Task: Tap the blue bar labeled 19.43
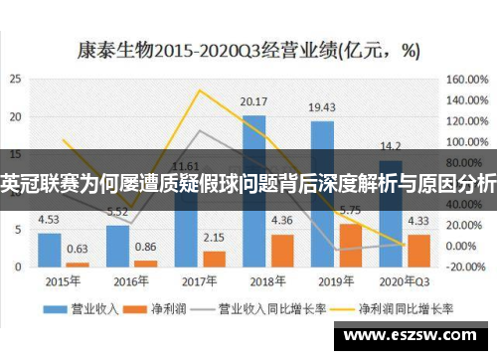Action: tap(321, 194)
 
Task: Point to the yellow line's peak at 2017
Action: tap(199, 91)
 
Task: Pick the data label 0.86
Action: tap(146, 247)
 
